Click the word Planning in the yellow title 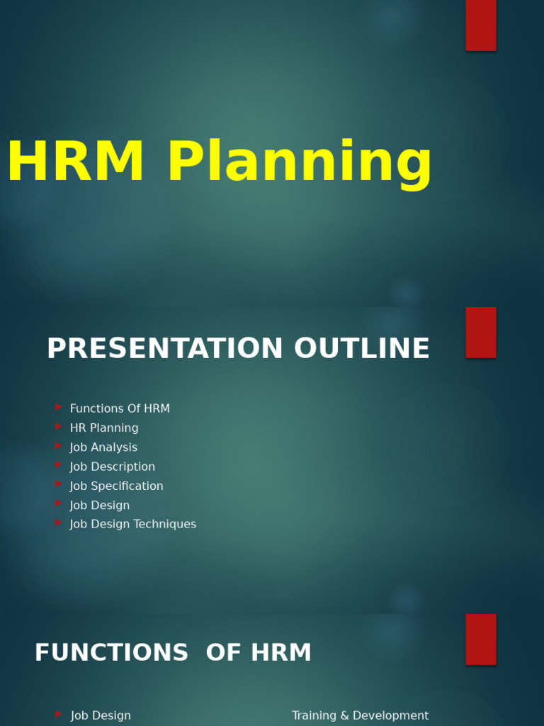point(299,164)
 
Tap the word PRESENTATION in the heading point(165,349)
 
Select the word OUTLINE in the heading point(361,349)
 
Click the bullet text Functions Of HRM point(120,409)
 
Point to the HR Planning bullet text point(104,428)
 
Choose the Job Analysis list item point(103,447)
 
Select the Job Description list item point(112,467)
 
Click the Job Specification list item point(116,486)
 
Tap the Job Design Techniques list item point(133,525)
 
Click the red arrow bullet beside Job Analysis point(58,446)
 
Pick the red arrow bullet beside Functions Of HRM point(58,408)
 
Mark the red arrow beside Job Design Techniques point(58,523)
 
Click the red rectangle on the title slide point(480,25)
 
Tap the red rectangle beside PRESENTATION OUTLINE point(480,333)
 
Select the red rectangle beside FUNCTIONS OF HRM point(480,640)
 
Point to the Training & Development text point(360,716)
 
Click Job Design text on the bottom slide point(101,716)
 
